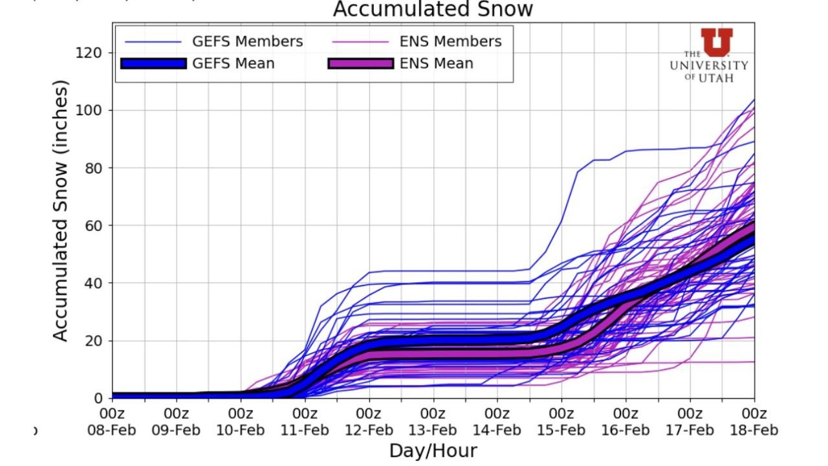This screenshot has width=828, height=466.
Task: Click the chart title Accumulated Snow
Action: click(433, 10)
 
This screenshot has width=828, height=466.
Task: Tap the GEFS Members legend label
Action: click(247, 41)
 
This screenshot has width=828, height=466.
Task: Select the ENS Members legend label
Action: click(450, 41)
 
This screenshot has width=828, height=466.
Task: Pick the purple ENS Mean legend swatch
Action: click(360, 63)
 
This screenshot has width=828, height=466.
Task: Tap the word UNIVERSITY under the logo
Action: click(709, 65)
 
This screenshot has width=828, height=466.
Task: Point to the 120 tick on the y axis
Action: click(91, 52)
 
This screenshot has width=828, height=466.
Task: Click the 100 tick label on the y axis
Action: click(91, 110)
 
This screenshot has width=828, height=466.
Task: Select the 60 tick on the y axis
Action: click(94, 225)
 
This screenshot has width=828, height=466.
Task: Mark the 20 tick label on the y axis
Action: click(94, 340)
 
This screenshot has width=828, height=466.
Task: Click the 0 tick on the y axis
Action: click(98, 398)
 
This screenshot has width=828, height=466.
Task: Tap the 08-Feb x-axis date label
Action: click(112, 430)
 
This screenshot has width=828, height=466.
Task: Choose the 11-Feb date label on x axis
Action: click(305, 430)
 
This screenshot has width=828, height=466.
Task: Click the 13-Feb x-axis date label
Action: click(433, 430)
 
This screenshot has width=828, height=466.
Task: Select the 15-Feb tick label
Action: click(561, 430)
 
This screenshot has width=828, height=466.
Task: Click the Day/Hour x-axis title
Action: click(433, 451)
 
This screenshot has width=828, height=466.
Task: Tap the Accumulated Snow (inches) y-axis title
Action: click(60, 211)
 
